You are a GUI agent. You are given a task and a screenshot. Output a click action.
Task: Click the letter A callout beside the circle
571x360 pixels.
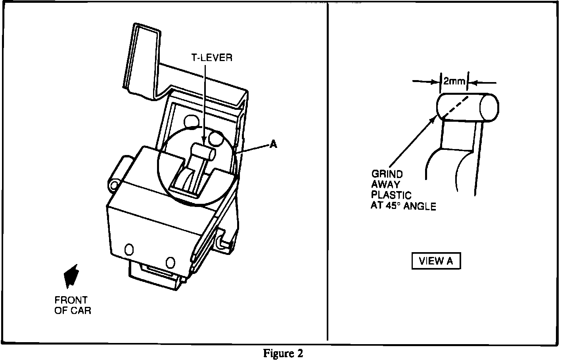point(273,145)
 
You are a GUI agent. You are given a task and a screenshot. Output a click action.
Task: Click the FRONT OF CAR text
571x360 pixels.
point(73,305)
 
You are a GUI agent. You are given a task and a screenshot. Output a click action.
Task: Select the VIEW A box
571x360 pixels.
point(436,261)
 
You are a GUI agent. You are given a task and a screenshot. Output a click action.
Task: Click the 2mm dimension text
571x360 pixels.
point(454,82)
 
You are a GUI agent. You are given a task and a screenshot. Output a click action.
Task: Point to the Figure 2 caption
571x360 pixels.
point(283,353)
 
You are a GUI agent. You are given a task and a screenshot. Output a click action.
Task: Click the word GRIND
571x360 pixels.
point(387,174)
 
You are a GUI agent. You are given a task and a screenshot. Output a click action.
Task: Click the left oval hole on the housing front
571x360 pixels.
point(129,249)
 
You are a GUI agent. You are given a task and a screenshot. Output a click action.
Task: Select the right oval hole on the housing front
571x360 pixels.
point(170,262)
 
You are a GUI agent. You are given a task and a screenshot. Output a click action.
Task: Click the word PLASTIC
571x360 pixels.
point(391,195)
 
